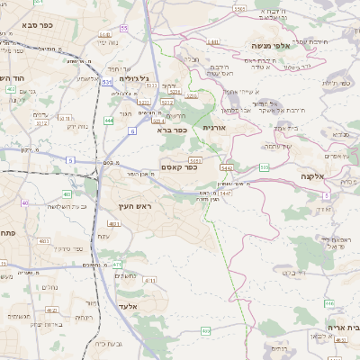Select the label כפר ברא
[171, 130]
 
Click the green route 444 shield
[109, 119]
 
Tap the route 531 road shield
[106, 82]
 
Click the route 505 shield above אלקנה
[264, 166]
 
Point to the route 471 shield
[117, 265]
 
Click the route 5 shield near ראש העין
[70, 159]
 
